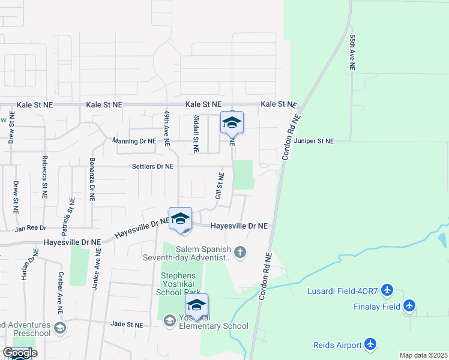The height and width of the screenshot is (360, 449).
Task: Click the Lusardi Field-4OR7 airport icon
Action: click(x=387, y=291)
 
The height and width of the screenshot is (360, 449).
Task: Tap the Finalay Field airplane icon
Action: click(x=410, y=306)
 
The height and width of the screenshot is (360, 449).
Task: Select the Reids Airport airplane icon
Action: click(x=372, y=344)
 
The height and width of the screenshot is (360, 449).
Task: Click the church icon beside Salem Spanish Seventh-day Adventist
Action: click(x=240, y=252)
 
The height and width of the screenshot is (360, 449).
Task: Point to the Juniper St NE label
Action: click(x=313, y=141)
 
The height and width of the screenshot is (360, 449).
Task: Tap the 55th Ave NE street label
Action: click(x=352, y=53)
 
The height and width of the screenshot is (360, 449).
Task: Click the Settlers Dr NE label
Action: click(x=152, y=166)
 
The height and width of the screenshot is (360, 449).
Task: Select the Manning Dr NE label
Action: click(x=134, y=141)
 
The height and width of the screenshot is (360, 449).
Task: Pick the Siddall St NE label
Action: click(x=196, y=134)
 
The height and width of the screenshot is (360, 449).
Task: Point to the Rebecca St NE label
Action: click(x=44, y=177)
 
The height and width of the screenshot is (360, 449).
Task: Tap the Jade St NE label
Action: click(x=127, y=324)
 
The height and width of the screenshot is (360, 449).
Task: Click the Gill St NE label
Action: click(x=220, y=186)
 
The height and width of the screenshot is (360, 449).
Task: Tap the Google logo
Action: click(x=20, y=353)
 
